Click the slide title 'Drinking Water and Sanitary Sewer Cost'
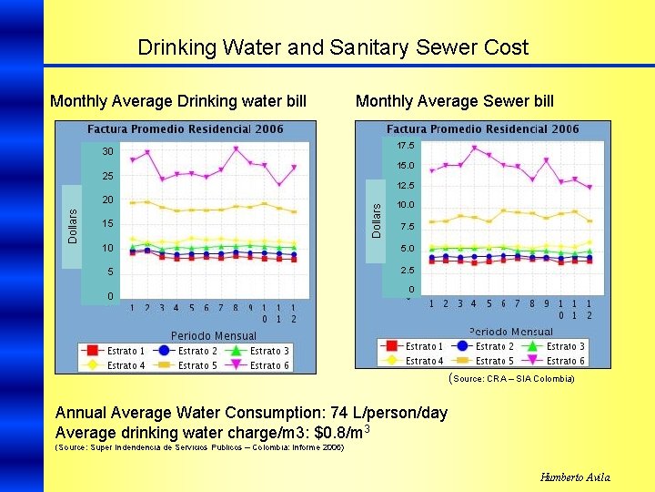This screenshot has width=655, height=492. coord(332,47)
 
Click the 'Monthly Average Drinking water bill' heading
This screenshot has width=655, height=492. coord(178,101)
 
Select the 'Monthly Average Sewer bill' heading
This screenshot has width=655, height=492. coord(454,101)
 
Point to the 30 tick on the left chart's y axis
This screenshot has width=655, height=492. coord(107,151)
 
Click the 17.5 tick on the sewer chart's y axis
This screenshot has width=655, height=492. coord(406,146)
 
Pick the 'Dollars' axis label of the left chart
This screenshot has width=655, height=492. coord(73,223)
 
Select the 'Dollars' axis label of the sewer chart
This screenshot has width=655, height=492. coord(377,220)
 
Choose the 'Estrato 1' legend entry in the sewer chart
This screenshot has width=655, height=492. coord(415,346)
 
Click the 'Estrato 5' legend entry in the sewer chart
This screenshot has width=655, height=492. coord(486,361)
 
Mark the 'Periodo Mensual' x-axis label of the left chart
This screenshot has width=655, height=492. coord(214,335)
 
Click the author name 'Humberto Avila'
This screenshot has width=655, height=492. coord(575,477)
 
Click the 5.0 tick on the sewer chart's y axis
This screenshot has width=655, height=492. coord(406,248)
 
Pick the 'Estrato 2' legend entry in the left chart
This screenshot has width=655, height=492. coord(191,351)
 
